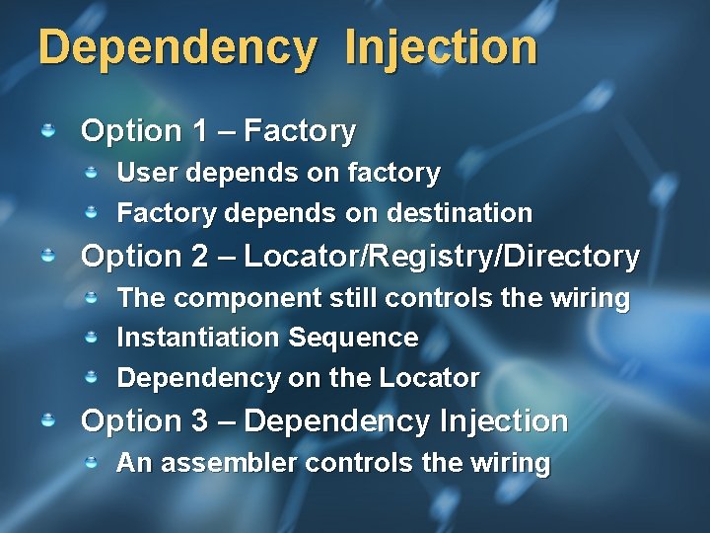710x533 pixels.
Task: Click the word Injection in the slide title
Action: coord(441,48)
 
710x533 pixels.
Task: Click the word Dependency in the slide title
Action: coord(178,48)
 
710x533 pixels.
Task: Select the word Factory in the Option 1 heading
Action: coord(300,130)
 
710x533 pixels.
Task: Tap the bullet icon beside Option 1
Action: coord(47,129)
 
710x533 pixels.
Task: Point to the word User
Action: coord(144,173)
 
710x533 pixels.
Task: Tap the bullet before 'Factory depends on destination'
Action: coord(90,212)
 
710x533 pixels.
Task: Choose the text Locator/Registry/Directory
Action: coord(442,257)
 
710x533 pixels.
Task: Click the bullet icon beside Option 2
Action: coord(47,256)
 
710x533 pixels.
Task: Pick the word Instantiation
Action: coord(199,338)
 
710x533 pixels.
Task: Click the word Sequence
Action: coord(353,338)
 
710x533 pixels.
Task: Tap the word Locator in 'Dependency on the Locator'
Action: coord(433,378)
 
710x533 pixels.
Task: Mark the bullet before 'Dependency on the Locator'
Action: coord(90,377)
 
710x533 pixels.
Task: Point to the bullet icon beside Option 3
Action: coord(47,420)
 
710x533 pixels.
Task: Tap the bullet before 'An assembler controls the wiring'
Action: coord(90,462)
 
